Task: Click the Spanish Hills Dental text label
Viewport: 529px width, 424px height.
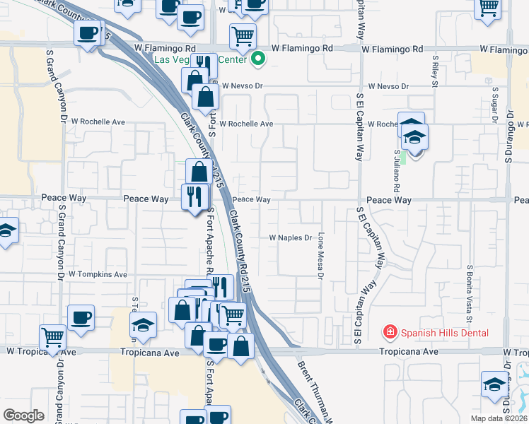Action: (445, 332)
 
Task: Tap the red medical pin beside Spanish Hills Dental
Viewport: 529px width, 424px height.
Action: (389, 331)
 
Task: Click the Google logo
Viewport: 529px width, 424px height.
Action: (23, 416)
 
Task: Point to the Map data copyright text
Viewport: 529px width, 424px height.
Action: (499, 418)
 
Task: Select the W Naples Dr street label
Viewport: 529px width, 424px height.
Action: (290, 238)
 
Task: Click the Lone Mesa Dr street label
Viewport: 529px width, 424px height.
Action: (320, 256)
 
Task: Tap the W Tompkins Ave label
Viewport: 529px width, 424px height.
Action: (98, 274)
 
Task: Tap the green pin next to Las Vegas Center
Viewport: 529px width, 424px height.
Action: (258, 59)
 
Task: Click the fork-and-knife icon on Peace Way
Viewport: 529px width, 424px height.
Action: (194, 194)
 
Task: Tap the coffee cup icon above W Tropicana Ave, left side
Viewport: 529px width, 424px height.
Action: (80, 317)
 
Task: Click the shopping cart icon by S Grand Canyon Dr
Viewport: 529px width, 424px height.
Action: (53, 336)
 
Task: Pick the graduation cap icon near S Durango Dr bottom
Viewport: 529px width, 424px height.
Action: (494, 383)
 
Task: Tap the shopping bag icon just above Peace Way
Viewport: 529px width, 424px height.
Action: (199, 170)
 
